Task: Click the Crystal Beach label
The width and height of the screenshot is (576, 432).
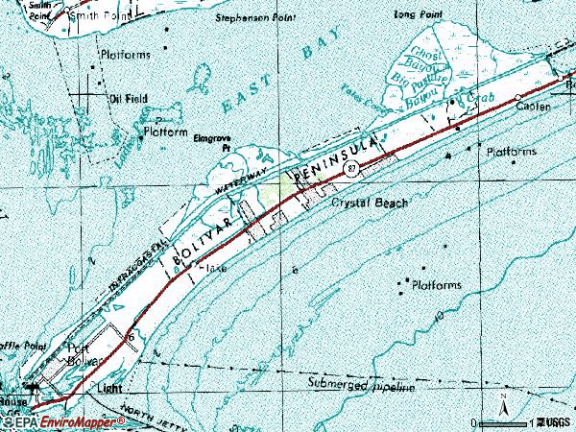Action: pyautogui.click(x=370, y=204)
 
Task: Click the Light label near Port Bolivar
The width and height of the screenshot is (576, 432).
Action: pyautogui.click(x=110, y=389)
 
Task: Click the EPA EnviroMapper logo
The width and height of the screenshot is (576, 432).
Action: pyautogui.click(x=62, y=422)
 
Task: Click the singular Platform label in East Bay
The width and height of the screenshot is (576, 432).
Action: pyautogui.click(x=165, y=132)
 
